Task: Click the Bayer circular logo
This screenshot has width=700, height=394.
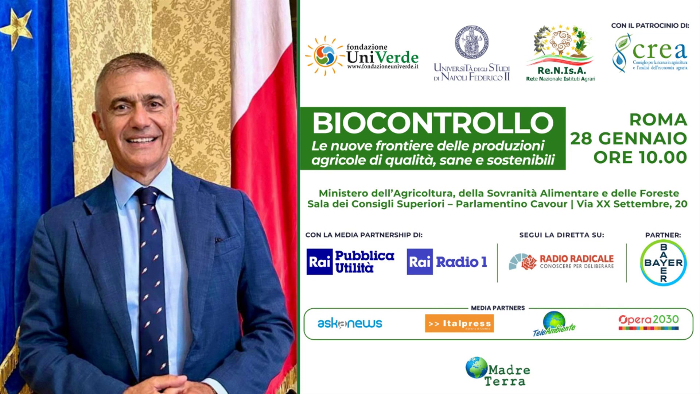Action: point(663,263)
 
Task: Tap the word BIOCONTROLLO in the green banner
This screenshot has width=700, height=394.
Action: point(433,123)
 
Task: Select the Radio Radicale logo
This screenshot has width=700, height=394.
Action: point(561,262)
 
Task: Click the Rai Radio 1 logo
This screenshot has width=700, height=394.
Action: point(447,262)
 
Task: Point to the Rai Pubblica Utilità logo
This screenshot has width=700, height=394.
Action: point(350,262)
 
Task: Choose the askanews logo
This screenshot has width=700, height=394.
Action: point(350,323)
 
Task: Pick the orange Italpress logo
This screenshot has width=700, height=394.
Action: point(459,324)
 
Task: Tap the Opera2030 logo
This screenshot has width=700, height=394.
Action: point(649,322)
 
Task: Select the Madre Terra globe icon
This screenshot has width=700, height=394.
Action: point(476,367)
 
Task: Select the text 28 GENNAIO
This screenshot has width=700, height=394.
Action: point(629,139)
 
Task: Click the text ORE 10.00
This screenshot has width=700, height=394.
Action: point(640,158)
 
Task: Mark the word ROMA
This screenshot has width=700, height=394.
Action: point(658,120)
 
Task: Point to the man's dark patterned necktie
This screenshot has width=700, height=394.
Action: point(149,277)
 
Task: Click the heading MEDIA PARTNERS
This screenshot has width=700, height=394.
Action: point(498,308)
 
